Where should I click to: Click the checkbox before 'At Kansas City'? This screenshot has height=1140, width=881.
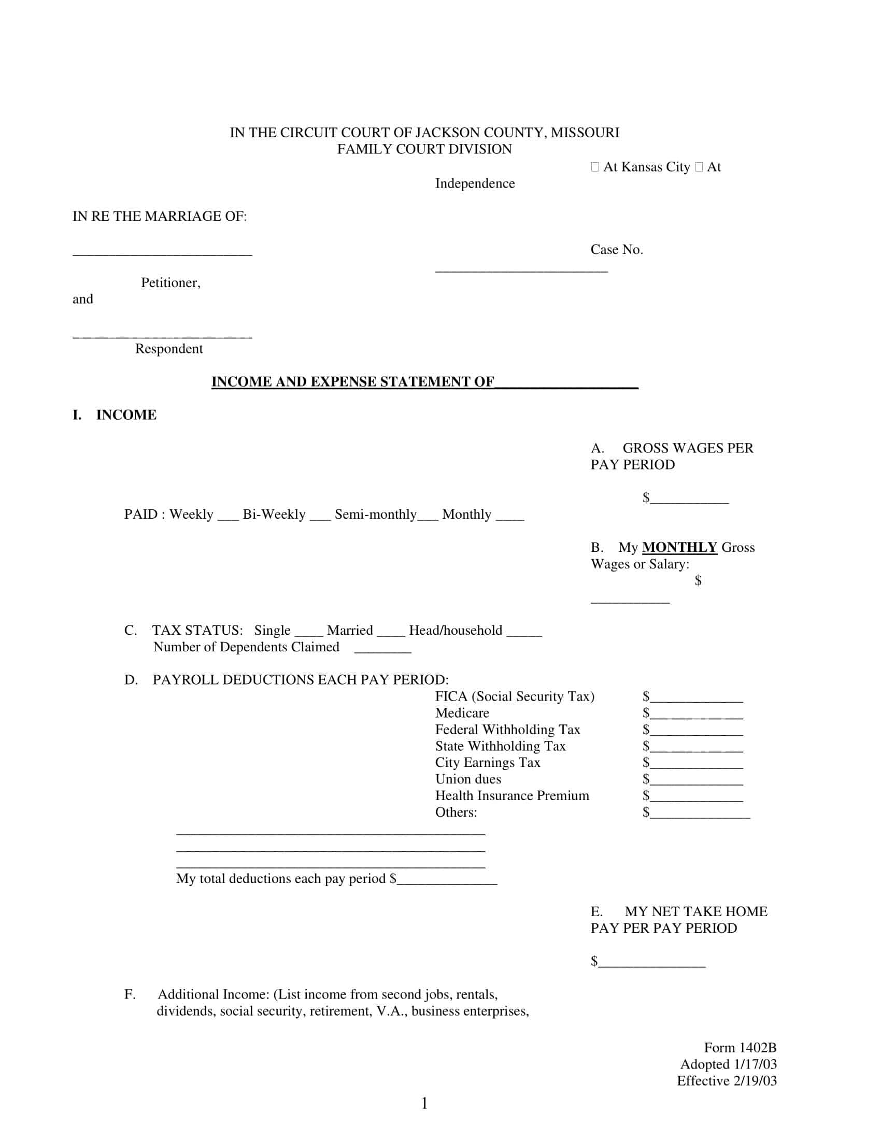point(594,167)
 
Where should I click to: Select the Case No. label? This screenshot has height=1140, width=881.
point(616,250)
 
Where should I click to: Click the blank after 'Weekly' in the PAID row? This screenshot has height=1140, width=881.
point(228,518)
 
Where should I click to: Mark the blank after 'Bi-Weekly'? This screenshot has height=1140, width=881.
point(320,518)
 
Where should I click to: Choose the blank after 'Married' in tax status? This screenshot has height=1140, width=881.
point(391,634)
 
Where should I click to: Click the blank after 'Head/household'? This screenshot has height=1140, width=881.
point(524,634)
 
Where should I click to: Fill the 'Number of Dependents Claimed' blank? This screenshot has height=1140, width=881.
point(382,650)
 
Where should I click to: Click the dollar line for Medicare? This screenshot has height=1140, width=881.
point(696,717)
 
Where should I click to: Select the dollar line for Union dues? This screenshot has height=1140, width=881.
point(696,783)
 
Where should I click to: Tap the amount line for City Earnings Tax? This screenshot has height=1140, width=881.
point(696,766)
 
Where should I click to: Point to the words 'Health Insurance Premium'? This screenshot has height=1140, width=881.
point(512,795)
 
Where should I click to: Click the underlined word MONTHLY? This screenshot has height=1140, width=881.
point(679,547)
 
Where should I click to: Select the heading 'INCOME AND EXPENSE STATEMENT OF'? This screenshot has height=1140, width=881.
point(352,381)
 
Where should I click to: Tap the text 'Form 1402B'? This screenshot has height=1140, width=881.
point(740,1048)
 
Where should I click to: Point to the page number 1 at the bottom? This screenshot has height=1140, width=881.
point(424,1103)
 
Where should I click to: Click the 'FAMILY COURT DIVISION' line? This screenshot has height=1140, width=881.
point(424,149)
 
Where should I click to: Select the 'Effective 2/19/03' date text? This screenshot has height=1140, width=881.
point(727,1080)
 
